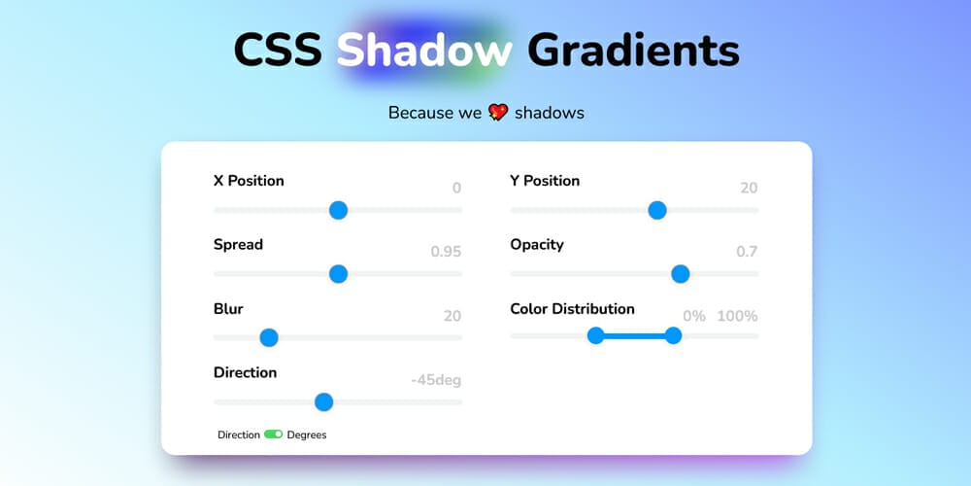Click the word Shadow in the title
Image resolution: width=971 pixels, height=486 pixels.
[424, 50]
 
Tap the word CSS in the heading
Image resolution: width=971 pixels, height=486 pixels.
[278, 50]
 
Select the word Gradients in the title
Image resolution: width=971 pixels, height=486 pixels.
[633, 50]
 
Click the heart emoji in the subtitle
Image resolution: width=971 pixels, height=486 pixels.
[498, 112]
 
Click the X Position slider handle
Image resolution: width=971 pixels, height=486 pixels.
[338, 210]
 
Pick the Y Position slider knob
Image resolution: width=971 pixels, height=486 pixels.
[657, 210]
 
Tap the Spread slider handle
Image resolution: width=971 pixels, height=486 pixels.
[338, 274]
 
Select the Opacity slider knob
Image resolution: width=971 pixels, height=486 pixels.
[681, 274]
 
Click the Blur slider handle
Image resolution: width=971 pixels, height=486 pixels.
[269, 338]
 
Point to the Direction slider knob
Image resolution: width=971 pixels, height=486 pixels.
[324, 402]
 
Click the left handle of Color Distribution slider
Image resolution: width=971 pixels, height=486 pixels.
[596, 336]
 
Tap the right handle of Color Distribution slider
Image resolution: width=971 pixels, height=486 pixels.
[673, 336]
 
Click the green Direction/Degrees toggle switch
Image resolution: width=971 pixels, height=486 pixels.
[273, 434]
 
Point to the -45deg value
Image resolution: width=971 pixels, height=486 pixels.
[436, 380]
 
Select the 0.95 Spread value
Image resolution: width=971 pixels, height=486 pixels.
[446, 252]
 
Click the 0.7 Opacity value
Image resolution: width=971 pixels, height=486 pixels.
[747, 252]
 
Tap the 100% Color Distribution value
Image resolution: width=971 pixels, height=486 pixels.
[738, 316]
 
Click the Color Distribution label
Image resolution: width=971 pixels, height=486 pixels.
[572, 309]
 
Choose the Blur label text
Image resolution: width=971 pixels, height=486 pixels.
[228, 309]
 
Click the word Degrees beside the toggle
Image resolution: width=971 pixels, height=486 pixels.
[307, 435]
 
